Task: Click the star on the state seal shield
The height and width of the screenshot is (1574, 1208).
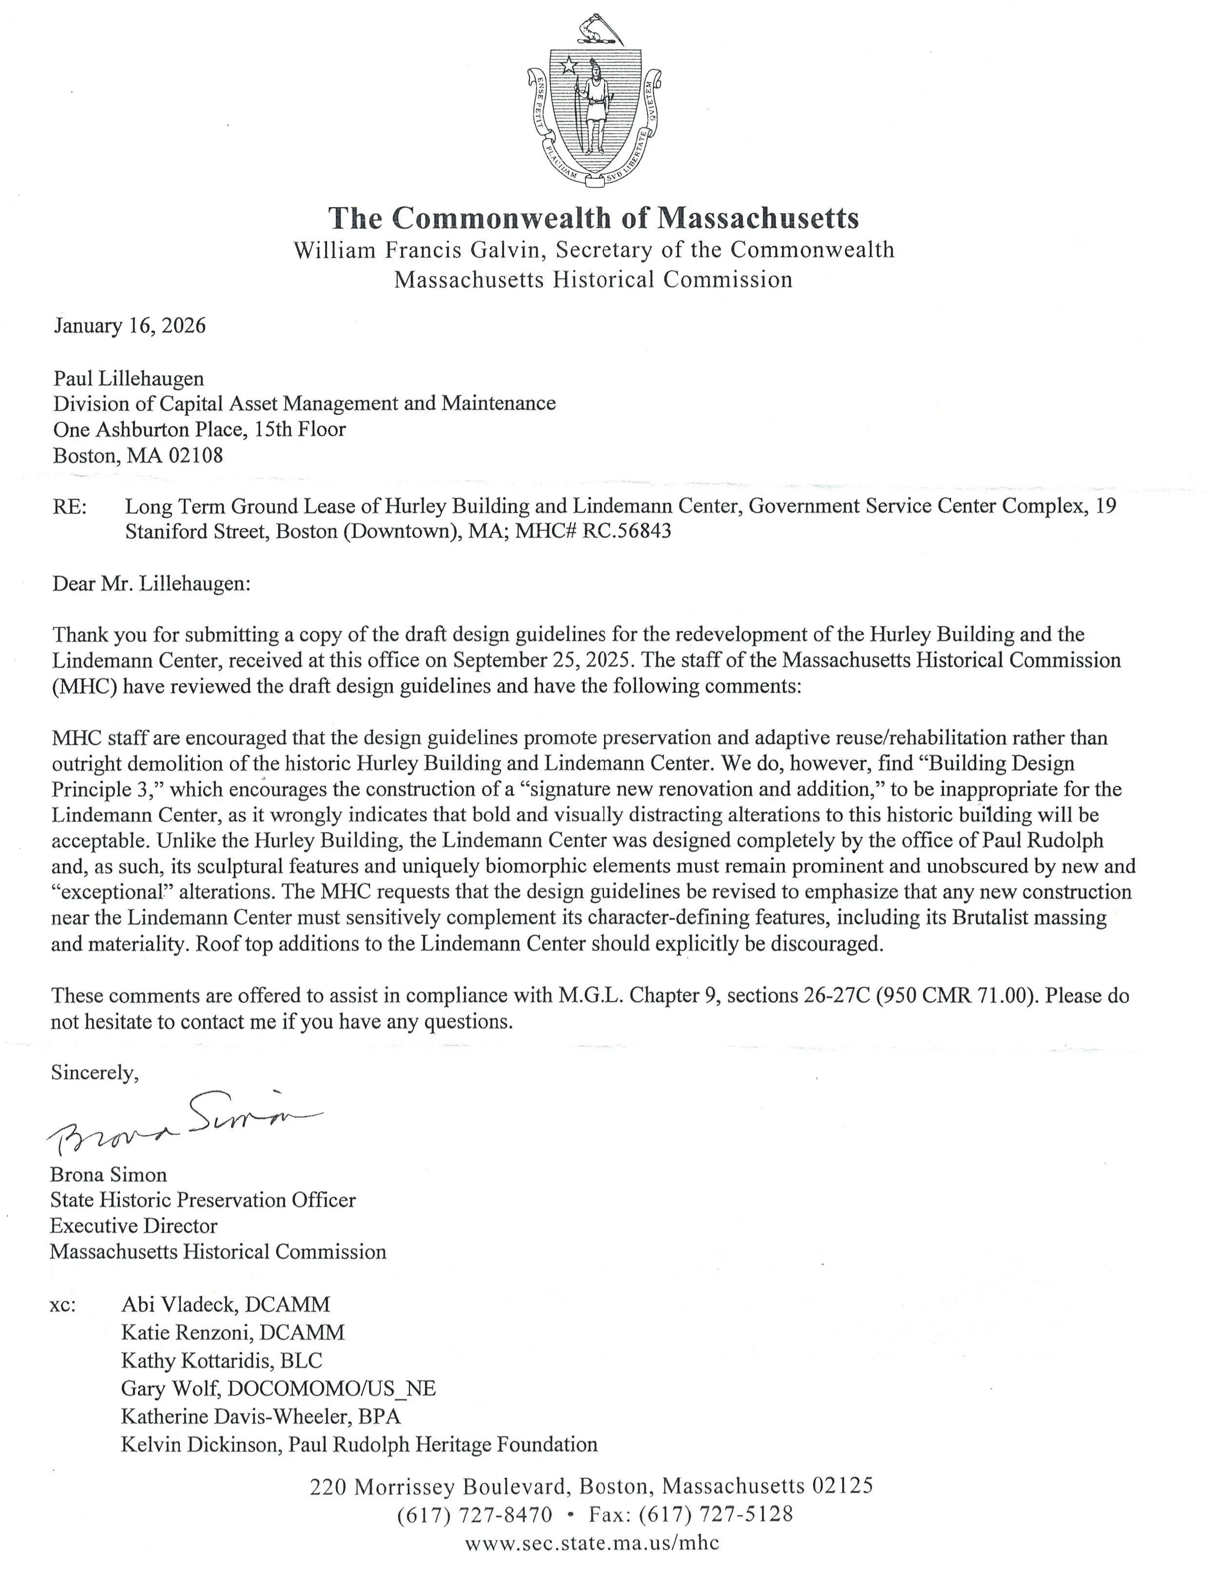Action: click(568, 66)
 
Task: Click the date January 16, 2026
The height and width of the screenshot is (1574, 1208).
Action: click(130, 326)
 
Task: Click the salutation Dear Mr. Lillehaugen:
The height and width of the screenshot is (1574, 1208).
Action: click(151, 583)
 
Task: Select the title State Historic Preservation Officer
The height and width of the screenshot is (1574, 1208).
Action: click(203, 1200)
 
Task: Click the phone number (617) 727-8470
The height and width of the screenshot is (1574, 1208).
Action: click(475, 1515)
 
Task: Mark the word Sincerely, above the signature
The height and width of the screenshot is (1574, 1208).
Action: click(94, 1073)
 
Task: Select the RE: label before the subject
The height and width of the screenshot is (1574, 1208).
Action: click(69, 506)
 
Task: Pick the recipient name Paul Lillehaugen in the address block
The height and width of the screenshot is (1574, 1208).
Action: click(129, 378)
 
